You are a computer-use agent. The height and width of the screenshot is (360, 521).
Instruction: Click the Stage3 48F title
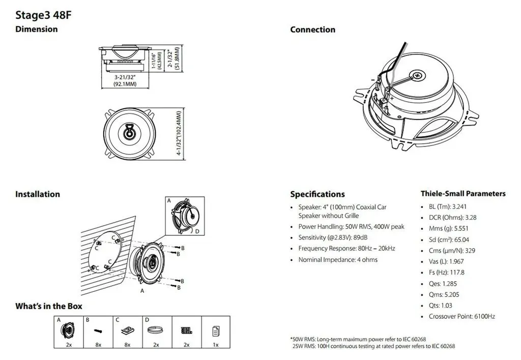(44, 15)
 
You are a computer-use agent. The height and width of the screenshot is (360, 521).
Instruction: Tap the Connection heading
(313, 29)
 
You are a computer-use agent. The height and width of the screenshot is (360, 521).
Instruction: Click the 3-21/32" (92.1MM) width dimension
(125, 80)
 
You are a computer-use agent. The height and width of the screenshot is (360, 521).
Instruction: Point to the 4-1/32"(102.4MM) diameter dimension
(179, 134)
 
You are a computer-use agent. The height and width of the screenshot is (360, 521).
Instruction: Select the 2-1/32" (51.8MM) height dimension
(173, 58)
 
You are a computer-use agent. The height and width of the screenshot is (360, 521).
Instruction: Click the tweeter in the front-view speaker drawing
(129, 133)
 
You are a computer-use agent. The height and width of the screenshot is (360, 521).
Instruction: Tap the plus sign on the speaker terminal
(392, 98)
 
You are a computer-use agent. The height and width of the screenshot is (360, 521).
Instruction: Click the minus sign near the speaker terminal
(373, 80)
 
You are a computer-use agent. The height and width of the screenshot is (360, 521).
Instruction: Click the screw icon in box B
(98, 331)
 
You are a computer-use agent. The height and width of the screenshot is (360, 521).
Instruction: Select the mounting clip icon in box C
(127, 331)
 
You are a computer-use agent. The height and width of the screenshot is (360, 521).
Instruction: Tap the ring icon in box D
(155, 330)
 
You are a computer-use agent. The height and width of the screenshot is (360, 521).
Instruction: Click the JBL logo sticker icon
(186, 331)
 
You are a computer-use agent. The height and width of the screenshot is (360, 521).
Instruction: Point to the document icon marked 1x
(216, 331)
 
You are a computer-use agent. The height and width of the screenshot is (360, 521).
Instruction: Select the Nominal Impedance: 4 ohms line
(338, 260)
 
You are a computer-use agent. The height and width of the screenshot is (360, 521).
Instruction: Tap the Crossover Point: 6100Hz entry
(462, 316)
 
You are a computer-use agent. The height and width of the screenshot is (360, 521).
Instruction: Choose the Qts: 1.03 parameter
(440, 306)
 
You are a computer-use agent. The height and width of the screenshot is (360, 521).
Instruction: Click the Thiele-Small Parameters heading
(463, 194)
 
